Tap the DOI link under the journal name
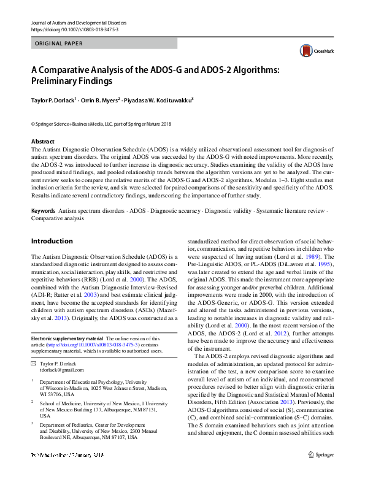click(66, 29)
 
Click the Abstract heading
click(43, 141)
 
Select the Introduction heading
click(52, 241)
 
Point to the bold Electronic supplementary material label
click(67, 338)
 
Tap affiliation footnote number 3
click(33, 422)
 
